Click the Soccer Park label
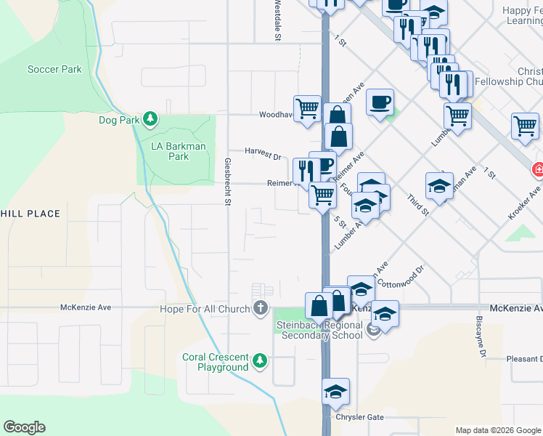coord(54,69)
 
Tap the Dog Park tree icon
coord(150,118)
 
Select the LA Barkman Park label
coord(179,151)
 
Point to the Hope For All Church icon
coord(260,309)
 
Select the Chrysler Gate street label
coord(359,417)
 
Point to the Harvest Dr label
coord(263,156)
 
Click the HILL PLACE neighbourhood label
coord(30,214)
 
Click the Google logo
coord(24,427)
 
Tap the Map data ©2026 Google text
coord(497,430)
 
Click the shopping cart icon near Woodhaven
coord(308,108)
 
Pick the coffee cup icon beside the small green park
coord(379,101)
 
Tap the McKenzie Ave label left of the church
coord(86,307)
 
